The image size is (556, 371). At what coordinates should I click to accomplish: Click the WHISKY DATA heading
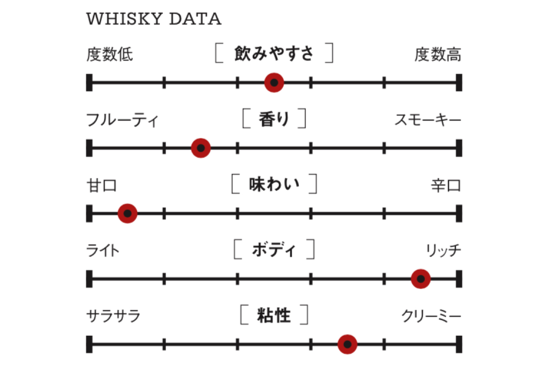point(154,19)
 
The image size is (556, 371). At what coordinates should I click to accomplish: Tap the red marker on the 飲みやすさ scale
point(274,82)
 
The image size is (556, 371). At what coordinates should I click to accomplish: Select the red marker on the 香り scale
point(201,148)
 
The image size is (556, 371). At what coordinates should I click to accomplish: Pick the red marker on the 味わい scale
point(127,214)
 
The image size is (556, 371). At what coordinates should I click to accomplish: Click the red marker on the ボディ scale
point(420,279)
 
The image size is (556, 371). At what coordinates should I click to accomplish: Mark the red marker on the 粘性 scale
point(347,344)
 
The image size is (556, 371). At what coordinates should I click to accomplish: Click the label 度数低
point(109,55)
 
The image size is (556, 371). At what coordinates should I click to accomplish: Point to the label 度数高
point(437,55)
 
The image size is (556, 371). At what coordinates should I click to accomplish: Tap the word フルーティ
point(122,120)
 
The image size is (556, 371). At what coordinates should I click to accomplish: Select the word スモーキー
point(427,120)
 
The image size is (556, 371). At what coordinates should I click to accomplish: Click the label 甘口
point(102,186)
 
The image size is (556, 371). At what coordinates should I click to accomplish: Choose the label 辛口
point(446,186)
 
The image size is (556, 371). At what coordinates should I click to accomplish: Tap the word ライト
point(103,251)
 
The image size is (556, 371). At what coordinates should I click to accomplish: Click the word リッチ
point(443,251)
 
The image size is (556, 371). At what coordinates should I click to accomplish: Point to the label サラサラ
point(113,316)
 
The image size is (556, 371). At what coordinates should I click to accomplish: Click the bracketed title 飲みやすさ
point(274,53)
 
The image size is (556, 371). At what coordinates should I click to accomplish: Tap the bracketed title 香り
point(274,119)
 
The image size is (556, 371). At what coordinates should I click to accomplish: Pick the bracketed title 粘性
point(274,315)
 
